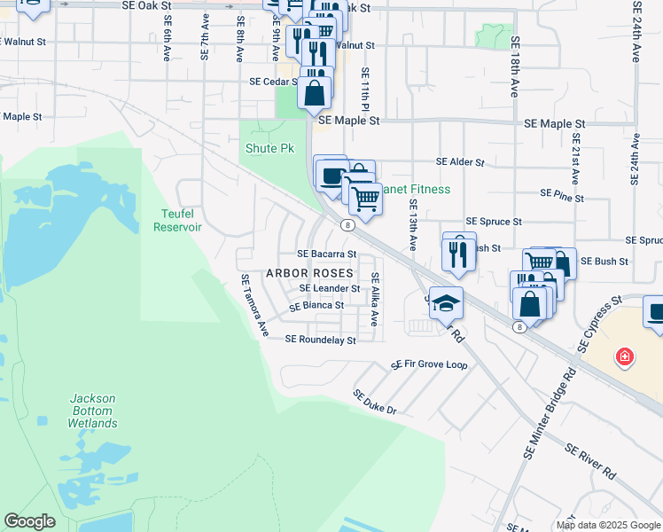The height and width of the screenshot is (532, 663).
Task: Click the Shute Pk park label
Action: pos(269,148)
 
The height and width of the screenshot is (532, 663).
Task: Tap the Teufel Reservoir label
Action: pos(177,220)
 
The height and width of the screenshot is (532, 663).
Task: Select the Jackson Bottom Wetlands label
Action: pos(92,411)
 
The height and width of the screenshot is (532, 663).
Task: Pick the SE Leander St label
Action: pos(330,288)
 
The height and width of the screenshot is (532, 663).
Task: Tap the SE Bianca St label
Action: pos(316,305)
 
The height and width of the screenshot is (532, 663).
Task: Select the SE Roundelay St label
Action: pos(320,340)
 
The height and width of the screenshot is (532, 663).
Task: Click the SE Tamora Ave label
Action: pos(254,305)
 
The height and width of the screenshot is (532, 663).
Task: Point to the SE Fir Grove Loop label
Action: pos(430,364)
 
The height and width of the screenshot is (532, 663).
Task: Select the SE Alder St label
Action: pos(460,162)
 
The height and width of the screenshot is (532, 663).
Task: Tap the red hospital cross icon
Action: pos(625,356)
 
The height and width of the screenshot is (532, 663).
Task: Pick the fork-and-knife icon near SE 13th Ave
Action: pos(458,253)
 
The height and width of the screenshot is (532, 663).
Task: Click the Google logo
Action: pos(29,521)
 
